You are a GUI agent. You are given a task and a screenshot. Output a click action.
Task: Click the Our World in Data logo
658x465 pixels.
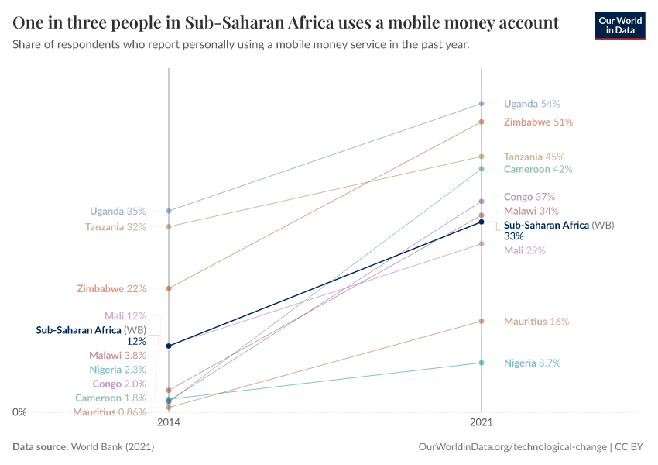point(619,26)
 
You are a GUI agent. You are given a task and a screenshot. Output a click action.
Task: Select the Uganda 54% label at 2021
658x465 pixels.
point(531,104)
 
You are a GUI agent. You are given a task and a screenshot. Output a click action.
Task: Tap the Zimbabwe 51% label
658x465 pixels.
point(538,122)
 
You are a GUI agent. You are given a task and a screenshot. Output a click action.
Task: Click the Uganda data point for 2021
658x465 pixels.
point(482,103)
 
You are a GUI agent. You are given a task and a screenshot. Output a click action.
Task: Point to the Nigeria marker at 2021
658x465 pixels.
point(482,363)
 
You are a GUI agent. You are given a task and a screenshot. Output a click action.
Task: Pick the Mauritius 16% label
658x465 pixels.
point(536,321)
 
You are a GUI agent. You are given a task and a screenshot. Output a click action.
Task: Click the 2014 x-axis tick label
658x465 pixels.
point(169,424)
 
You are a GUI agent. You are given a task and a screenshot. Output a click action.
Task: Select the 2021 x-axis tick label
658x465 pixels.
point(482,424)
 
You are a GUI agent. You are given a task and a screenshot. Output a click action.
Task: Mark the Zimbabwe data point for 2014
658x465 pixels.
point(169,288)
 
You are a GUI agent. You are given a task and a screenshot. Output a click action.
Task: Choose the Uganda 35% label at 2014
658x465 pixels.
point(118,211)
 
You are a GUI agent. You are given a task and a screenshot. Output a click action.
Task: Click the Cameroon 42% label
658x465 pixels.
point(538,169)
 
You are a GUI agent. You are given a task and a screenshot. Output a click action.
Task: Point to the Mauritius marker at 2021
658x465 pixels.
point(482,321)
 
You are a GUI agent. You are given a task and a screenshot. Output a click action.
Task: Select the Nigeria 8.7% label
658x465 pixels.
point(532,363)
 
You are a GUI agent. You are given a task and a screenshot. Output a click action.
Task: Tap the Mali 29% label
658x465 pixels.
point(525,250)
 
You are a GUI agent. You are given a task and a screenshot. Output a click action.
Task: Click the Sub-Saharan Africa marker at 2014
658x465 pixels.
point(169,346)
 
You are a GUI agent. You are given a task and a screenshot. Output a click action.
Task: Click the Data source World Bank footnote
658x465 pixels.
point(84,447)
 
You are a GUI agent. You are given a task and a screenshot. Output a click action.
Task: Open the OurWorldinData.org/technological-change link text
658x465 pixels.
point(512,447)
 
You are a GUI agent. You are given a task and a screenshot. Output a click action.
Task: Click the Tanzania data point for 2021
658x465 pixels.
point(482,157)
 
